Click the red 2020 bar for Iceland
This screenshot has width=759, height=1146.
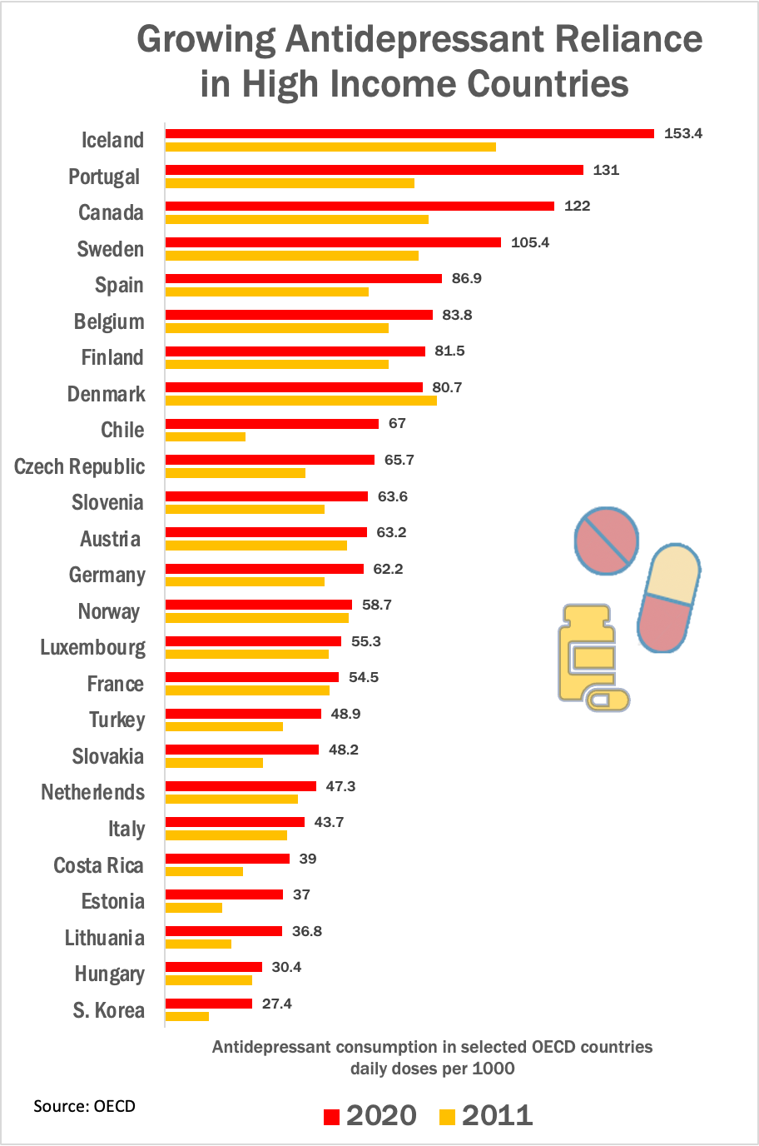pyautogui.click(x=409, y=133)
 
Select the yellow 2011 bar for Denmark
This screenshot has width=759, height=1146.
pyautogui.click(x=300, y=401)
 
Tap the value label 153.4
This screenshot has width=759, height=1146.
pyautogui.click(x=682, y=133)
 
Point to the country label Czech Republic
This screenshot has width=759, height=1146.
pyautogui.click(x=80, y=466)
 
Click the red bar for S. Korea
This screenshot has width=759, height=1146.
pyautogui.click(x=209, y=1004)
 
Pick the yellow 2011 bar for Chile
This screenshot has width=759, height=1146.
pyautogui.click(x=206, y=436)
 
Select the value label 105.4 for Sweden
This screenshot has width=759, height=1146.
pyautogui.click(x=530, y=242)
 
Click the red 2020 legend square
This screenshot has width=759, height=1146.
pyautogui.click(x=332, y=1117)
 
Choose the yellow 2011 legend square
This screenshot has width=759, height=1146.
pyautogui.click(x=448, y=1117)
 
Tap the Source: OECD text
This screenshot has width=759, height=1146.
pyautogui.click(x=84, y=1106)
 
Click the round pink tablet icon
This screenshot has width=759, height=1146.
pyautogui.click(x=607, y=541)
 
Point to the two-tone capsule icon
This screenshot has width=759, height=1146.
pyautogui.click(x=668, y=597)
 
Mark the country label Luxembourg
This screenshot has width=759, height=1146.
pyautogui.click(x=92, y=647)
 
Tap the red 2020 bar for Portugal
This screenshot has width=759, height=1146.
pyautogui.click(x=375, y=170)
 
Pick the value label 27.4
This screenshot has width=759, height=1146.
pyautogui.click(x=276, y=1004)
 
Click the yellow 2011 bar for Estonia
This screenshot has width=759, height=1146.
pyautogui.click(x=194, y=908)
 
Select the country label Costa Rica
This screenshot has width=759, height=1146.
pyautogui.click(x=98, y=865)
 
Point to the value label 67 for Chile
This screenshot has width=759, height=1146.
pyautogui.click(x=397, y=423)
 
